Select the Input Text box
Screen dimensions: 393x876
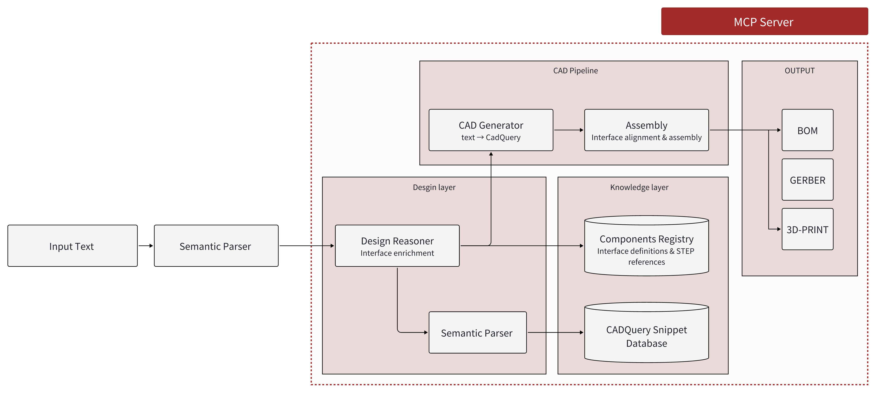[72, 246]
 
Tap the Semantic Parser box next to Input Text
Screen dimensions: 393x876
[216, 246]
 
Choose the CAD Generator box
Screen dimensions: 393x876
[491, 130]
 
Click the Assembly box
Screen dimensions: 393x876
[646, 130]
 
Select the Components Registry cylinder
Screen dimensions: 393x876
[646, 248]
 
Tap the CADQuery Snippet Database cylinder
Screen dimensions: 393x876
[646, 335]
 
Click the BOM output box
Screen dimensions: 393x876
[807, 130]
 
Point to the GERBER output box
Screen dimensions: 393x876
[807, 180]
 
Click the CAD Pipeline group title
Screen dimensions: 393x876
[575, 71]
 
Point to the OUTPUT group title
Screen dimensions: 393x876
[799, 71]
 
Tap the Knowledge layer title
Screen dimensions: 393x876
[639, 187]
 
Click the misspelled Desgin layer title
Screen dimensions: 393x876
[434, 187]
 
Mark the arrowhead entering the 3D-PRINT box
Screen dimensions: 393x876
[779, 229]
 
